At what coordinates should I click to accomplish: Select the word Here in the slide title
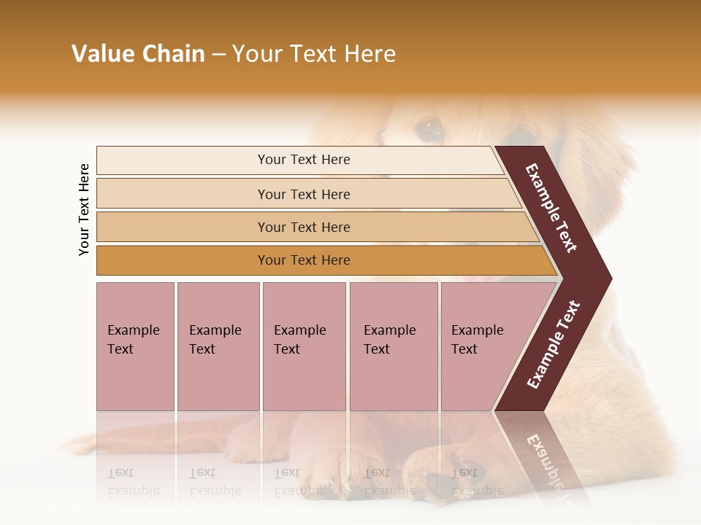(369, 54)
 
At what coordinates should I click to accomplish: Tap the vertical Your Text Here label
(84, 209)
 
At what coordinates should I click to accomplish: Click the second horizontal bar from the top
(304, 194)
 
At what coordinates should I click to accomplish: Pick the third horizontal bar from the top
(304, 227)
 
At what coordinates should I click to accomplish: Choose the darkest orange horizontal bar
(304, 260)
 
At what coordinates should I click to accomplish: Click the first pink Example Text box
(135, 346)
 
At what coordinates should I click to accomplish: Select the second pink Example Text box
(218, 346)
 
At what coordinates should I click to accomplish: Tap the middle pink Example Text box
(304, 346)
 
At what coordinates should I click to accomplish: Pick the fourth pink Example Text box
(393, 346)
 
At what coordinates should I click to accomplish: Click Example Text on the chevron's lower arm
(553, 344)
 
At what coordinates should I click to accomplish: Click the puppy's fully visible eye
(429, 129)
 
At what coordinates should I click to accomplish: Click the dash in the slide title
(218, 55)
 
